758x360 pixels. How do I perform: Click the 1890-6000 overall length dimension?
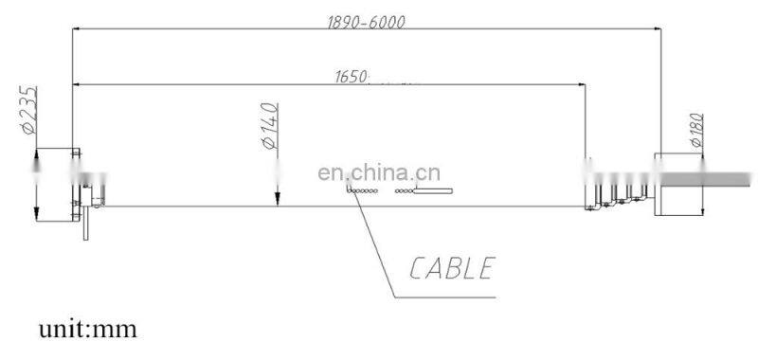click(x=369, y=22)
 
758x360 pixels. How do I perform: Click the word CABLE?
click(x=453, y=268)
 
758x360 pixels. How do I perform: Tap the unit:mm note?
click(x=87, y=330)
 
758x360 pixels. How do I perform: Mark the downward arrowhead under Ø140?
click(x=276, y=198)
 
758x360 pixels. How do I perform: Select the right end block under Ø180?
click(x=677, y=182)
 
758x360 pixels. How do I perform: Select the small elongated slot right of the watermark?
click(x=435, y=192)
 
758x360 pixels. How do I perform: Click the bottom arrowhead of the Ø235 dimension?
click(x=35, y=212)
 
